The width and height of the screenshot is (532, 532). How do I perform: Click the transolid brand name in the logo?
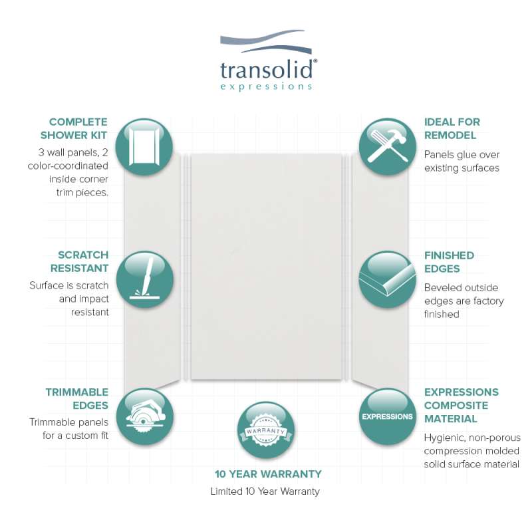click(x=267, y=70)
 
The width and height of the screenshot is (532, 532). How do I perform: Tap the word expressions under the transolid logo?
click(x=266, y=87)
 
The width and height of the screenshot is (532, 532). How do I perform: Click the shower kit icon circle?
click(x=144, y=146)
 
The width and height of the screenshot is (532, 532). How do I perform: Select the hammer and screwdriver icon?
click(x=388, y=146)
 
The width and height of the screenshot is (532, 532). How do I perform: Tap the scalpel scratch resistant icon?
click(x=145, y=279)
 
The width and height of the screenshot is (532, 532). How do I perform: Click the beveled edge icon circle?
click(x=388, y=279)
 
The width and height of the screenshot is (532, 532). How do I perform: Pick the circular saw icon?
click(x=145, y=417)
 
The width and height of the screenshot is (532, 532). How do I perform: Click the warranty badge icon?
click(x=265, y=430)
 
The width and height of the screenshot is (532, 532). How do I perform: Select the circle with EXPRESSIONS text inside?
click(x=388, y=417)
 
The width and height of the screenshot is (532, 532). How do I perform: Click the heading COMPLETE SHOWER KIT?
click(x=74, y=128)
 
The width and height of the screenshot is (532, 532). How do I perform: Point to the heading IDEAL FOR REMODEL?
click(x=452, y=128)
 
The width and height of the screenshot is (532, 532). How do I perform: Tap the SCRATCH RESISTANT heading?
click(x=79, y=261)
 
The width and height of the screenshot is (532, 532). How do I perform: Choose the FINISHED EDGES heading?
click(x=450, y=262)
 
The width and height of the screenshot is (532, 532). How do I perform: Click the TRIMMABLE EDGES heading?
click(x=77, y=398)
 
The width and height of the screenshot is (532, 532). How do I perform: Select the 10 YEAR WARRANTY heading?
click(x=268, y=474)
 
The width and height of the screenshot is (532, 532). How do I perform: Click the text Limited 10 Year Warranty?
click(x=265, y=491)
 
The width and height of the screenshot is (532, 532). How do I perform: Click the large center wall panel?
click(x=267, y=267)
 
